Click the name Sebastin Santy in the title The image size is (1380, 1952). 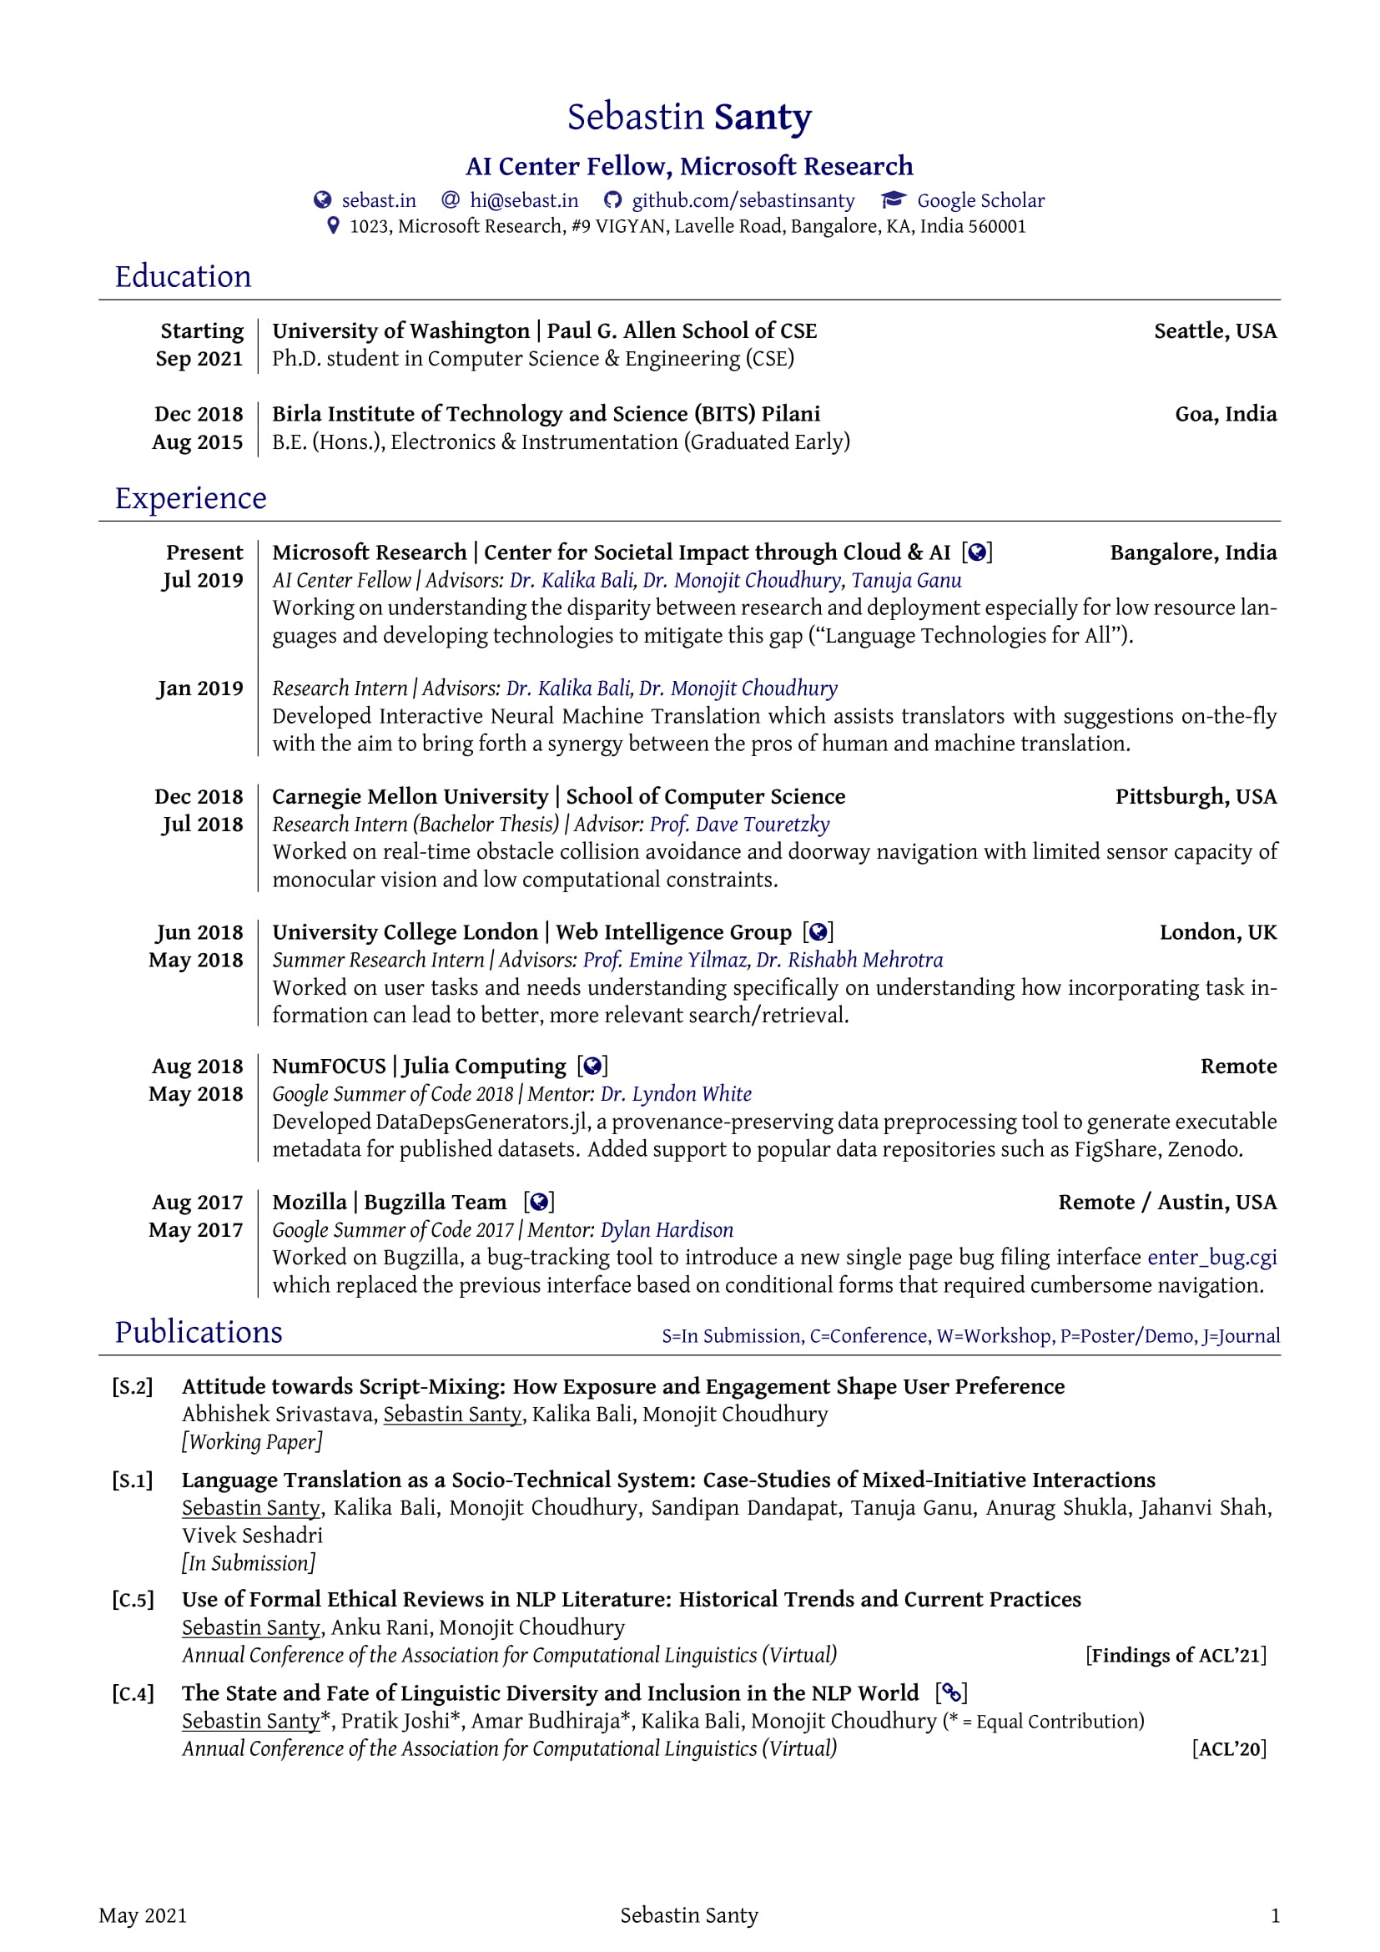[x=689, y=118]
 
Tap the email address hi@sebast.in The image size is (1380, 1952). [x=523, y=200]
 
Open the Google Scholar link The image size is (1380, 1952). [x=980, y=200]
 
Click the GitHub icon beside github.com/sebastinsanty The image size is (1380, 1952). [x=612, y=200]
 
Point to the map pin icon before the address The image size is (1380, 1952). [x=334, y=226]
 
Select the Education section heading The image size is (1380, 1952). [x=183, y=277]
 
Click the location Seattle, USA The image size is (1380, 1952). [x=1214, y=330]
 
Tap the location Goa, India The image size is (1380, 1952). [x=1226, y=414]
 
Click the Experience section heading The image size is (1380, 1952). [x=190, y=498]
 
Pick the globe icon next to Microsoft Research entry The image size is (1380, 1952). [x=977, y=552]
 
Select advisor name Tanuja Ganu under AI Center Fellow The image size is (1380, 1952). [x=906, y=581]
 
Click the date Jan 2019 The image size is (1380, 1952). [x=200, y=688]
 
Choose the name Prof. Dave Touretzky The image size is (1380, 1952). [x=739, y=824]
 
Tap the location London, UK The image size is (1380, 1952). [x=1217, y=932]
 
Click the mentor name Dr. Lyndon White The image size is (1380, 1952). [x=676, y=1094]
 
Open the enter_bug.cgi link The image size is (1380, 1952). [x=1211, y=1258]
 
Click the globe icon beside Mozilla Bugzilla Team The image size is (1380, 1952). [x=539, y=1202]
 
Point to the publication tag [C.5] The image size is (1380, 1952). [x=133, y=1600]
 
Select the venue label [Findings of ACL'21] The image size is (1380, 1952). [x=1176, y=1655]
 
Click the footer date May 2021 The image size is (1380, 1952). [x=143, y=1915]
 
